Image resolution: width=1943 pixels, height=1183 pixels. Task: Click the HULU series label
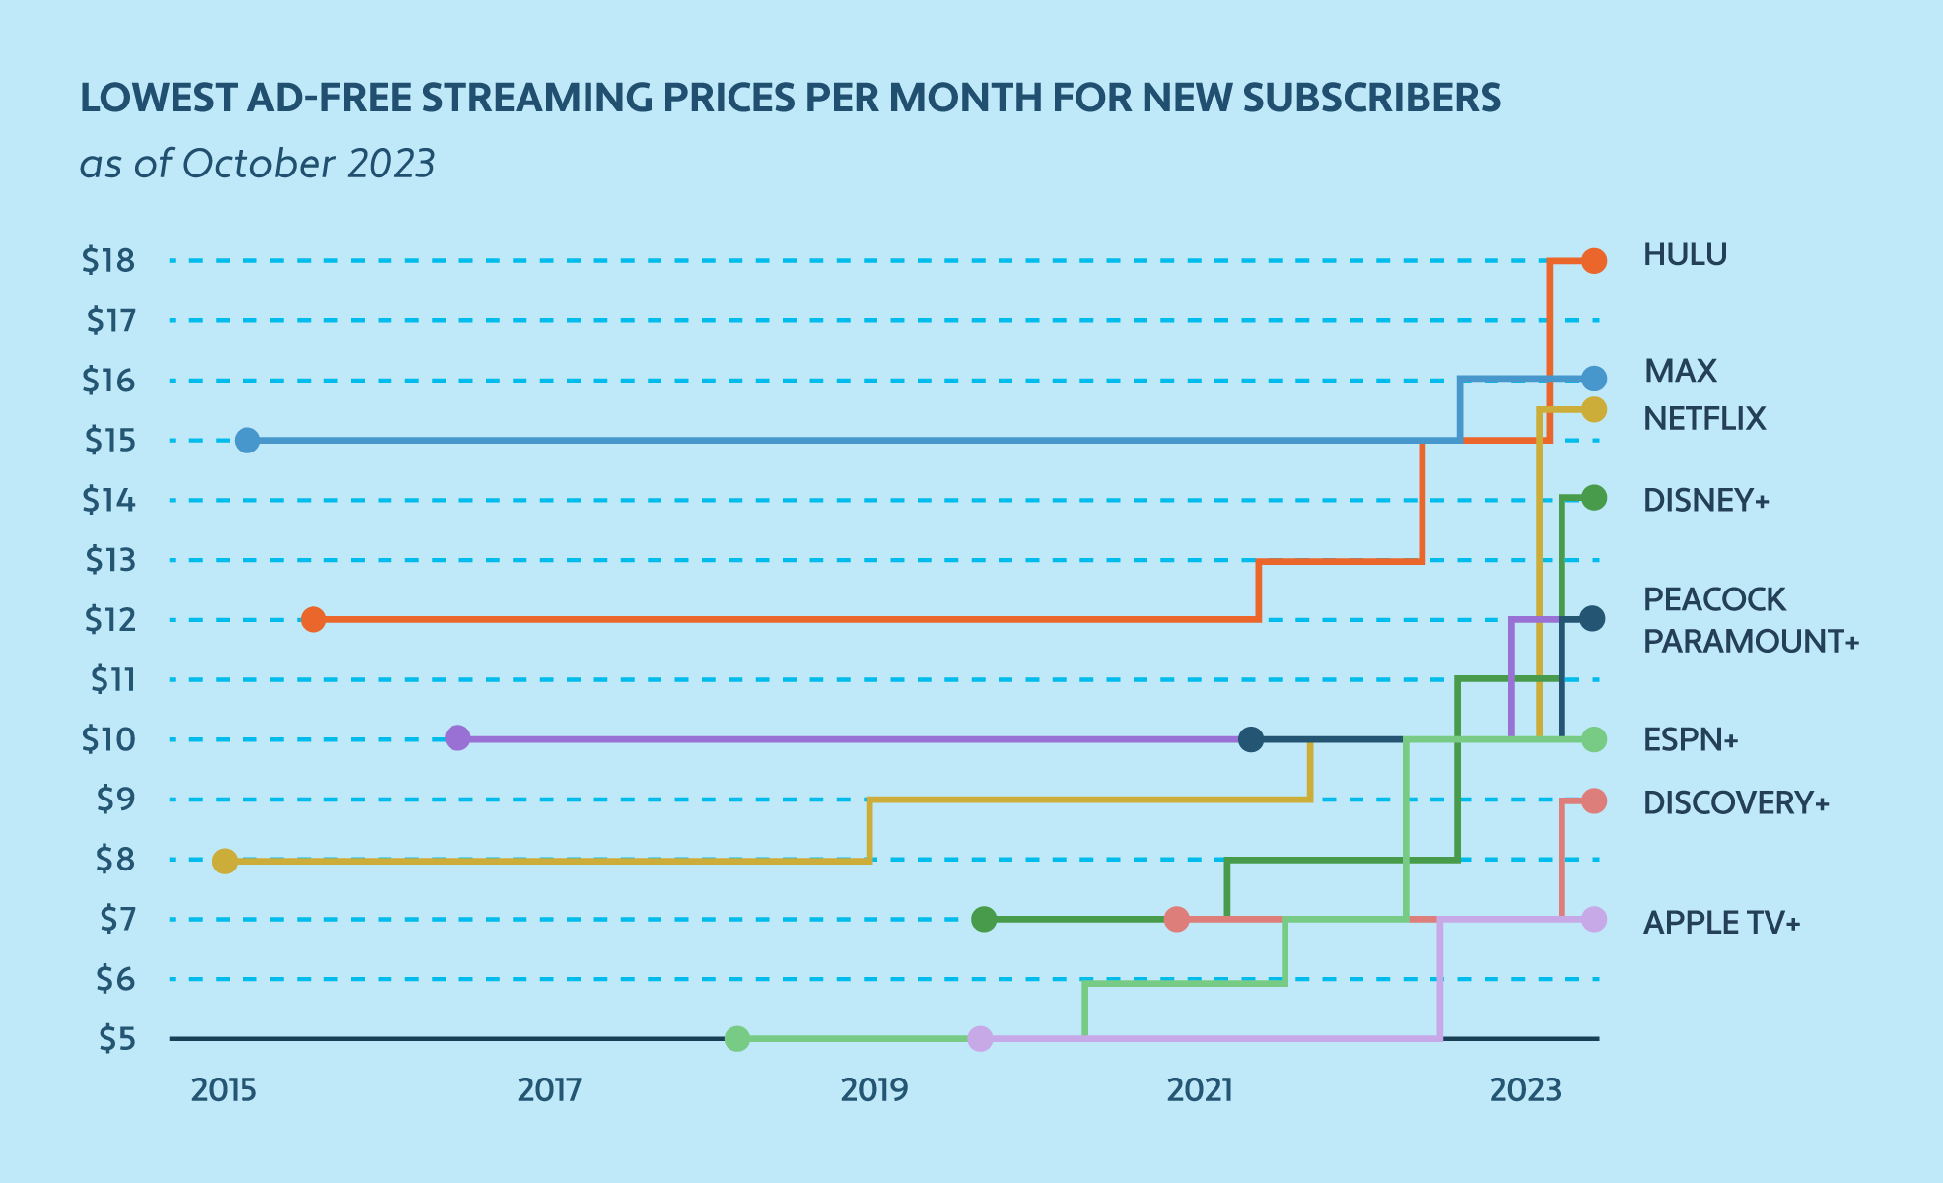[1685, 255]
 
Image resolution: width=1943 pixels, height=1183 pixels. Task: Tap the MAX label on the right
[1680, 371]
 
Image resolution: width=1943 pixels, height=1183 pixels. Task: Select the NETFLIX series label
[1704, 419]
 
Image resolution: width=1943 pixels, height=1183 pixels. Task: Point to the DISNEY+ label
[1705, 501]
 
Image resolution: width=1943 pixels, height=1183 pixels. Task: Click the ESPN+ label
[1690, 739]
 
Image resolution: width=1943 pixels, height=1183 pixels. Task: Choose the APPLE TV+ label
[1721, 923]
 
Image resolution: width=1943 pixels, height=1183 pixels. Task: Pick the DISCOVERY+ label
[1735, 803]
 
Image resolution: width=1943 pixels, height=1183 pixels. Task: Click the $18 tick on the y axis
[108, 261]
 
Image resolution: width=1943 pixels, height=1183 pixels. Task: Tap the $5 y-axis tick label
[116, 1039]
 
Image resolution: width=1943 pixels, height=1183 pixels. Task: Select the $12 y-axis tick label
[109, 620]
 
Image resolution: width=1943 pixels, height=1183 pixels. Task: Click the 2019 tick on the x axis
[873, 1090]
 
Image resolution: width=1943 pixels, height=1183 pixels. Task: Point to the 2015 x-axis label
[224, 1090]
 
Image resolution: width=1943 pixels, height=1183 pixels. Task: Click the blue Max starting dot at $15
[247, 441]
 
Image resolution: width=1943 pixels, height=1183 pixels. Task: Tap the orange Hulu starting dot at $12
[313, 620]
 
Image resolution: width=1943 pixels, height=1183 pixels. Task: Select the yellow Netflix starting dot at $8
[225, 861]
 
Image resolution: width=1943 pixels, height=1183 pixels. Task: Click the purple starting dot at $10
[457, 737]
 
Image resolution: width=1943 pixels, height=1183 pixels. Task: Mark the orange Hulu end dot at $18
[1594, 261]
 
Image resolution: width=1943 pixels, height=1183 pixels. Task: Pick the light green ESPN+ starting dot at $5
[737, 1039]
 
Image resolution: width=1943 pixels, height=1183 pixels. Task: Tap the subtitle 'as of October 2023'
[257, 164]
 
